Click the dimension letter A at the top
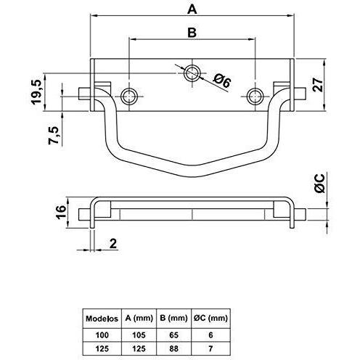tap(192, 9)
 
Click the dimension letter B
tap(192, 33)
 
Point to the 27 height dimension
tap(318, 85)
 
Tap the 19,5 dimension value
tap(38, 91)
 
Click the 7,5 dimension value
tap(54, 135)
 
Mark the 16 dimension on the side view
tap(61, 212)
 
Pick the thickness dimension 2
tap(113, 243)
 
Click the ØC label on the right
tap(319, 184)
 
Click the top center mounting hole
tap(192, 73)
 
